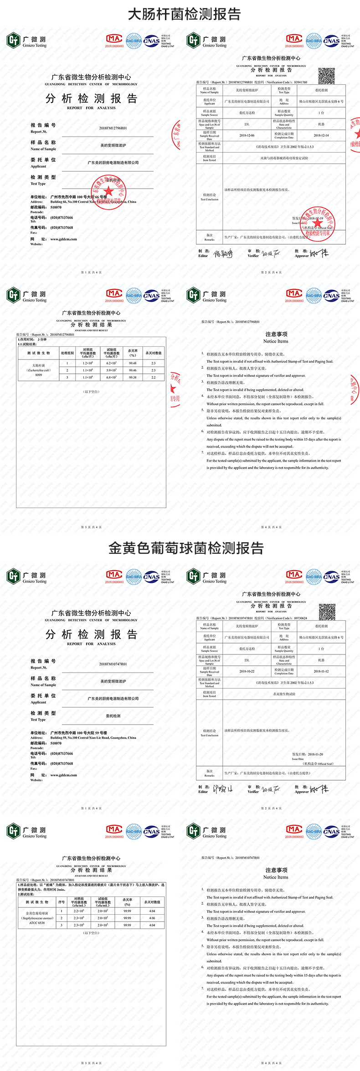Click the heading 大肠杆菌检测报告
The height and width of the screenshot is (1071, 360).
184,14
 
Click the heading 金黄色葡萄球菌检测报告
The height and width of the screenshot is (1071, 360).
186,548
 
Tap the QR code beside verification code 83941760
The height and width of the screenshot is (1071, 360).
326,76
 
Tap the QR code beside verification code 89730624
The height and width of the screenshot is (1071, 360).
327,611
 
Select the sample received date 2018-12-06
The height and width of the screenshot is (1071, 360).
247,135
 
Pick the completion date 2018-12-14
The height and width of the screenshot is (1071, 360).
321,135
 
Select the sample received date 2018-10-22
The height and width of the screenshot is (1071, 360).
247,671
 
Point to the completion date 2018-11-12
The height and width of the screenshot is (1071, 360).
321,671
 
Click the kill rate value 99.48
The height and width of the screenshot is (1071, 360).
133,363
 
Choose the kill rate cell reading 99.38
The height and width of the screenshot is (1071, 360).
133,377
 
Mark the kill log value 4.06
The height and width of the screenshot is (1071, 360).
152,918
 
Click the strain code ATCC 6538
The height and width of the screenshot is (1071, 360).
37,923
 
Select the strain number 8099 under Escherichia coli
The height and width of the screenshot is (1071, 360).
38,375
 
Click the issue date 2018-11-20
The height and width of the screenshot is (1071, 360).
315,754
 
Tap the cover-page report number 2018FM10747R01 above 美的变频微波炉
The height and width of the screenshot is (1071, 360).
113,664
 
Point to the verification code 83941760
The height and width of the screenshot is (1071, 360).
300,82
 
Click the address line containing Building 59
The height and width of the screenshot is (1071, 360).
93,737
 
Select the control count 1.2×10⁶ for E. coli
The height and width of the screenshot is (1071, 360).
87,363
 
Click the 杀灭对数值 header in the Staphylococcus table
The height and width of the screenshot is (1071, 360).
152,902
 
